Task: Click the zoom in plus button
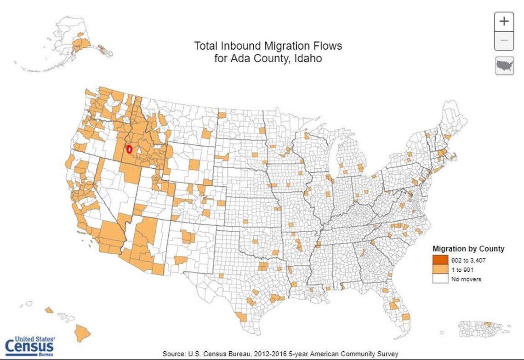coord(504,21)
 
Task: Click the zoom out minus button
coord(504,41)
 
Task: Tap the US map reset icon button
coord(504,66)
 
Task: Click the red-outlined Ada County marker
coord(129,149)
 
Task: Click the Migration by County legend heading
coord(468,249)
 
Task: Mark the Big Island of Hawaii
coord(82,332)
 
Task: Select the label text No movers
coord(466,279)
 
